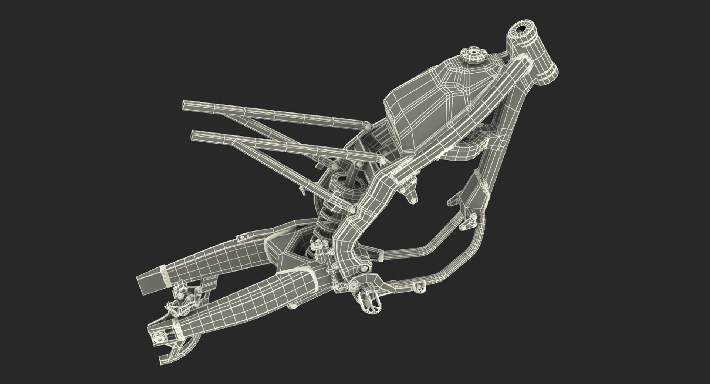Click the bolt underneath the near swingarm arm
[294, 305]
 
